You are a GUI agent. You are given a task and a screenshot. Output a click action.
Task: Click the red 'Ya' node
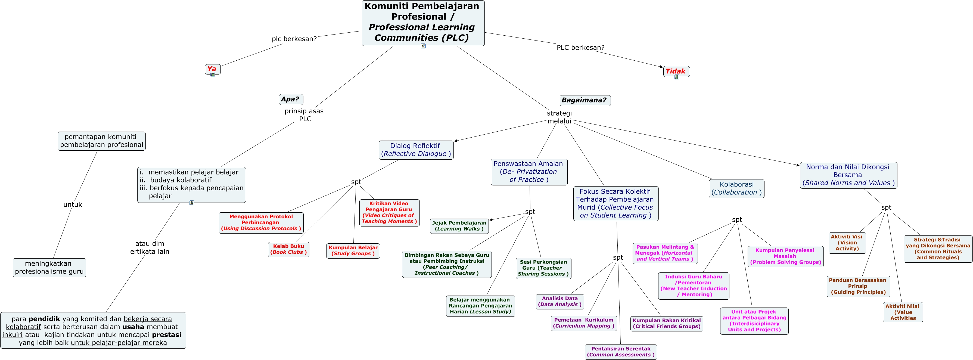212,69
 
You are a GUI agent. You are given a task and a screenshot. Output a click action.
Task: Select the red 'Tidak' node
676,71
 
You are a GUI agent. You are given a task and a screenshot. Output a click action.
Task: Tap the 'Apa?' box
290,99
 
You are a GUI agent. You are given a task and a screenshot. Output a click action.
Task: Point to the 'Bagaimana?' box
584,100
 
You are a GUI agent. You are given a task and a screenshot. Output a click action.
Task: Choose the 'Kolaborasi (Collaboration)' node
736,188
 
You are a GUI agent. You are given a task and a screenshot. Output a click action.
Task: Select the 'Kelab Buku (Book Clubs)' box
288,249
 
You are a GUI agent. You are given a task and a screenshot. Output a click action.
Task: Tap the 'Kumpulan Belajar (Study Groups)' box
353,250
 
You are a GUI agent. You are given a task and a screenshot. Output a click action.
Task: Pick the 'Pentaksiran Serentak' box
621,352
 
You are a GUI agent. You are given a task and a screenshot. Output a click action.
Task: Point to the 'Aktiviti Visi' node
847,243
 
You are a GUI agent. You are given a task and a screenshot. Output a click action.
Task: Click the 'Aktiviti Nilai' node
902,312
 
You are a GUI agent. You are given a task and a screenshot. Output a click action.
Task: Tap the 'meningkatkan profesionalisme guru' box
49,268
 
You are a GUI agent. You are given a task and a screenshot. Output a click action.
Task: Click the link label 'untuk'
73,204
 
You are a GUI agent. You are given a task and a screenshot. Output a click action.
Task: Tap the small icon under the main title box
423,46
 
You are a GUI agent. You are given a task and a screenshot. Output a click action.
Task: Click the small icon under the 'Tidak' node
676,77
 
